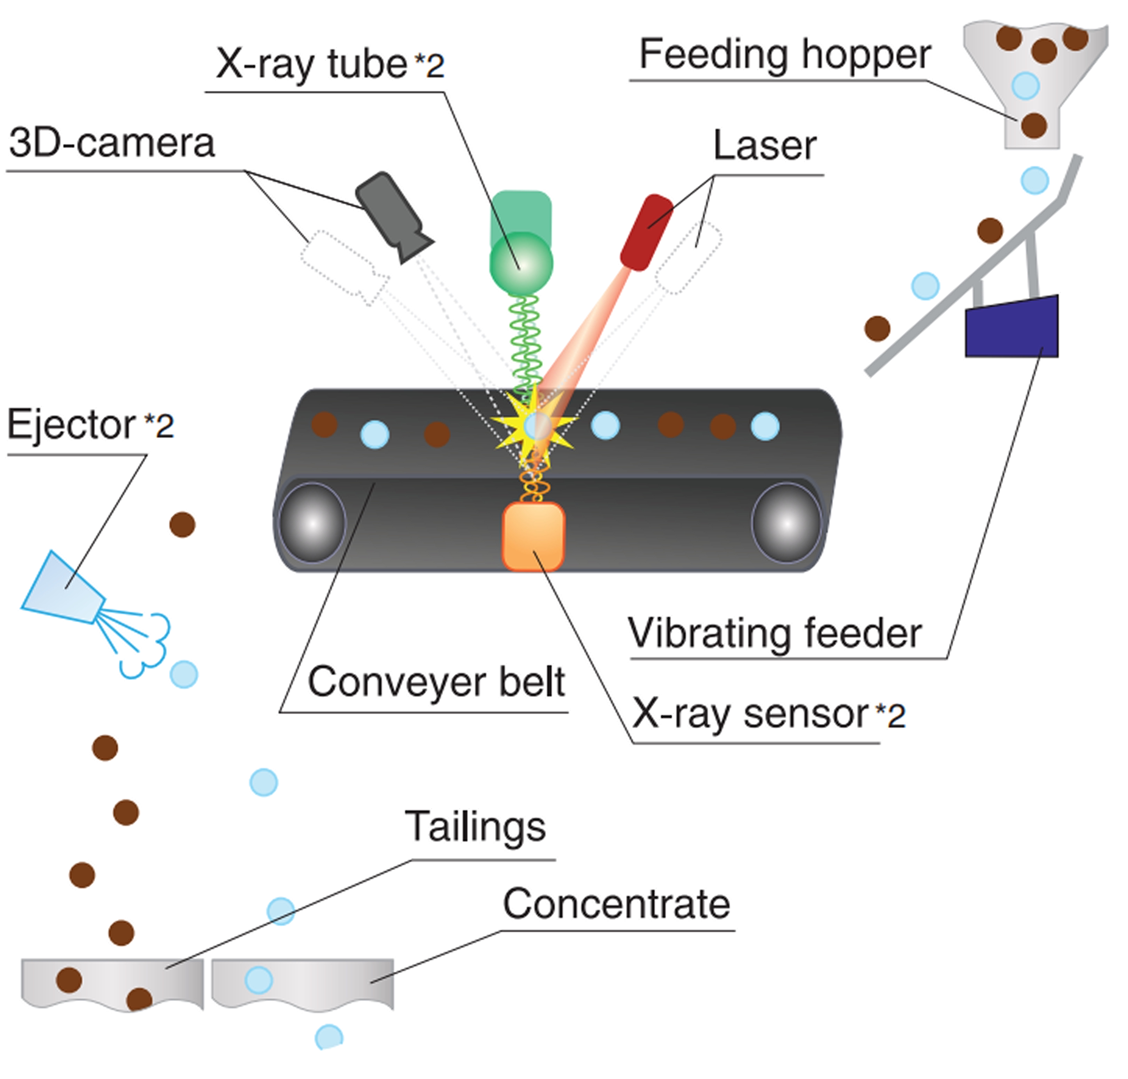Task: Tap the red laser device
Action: (x=646, y=232)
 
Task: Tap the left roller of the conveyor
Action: (x=312, y=523)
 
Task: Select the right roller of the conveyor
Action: (x=786, y=523)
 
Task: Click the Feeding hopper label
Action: (x=785, y=55)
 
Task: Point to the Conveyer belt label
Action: (x=436, y=682)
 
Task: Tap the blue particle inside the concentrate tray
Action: (x=259, y=980)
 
